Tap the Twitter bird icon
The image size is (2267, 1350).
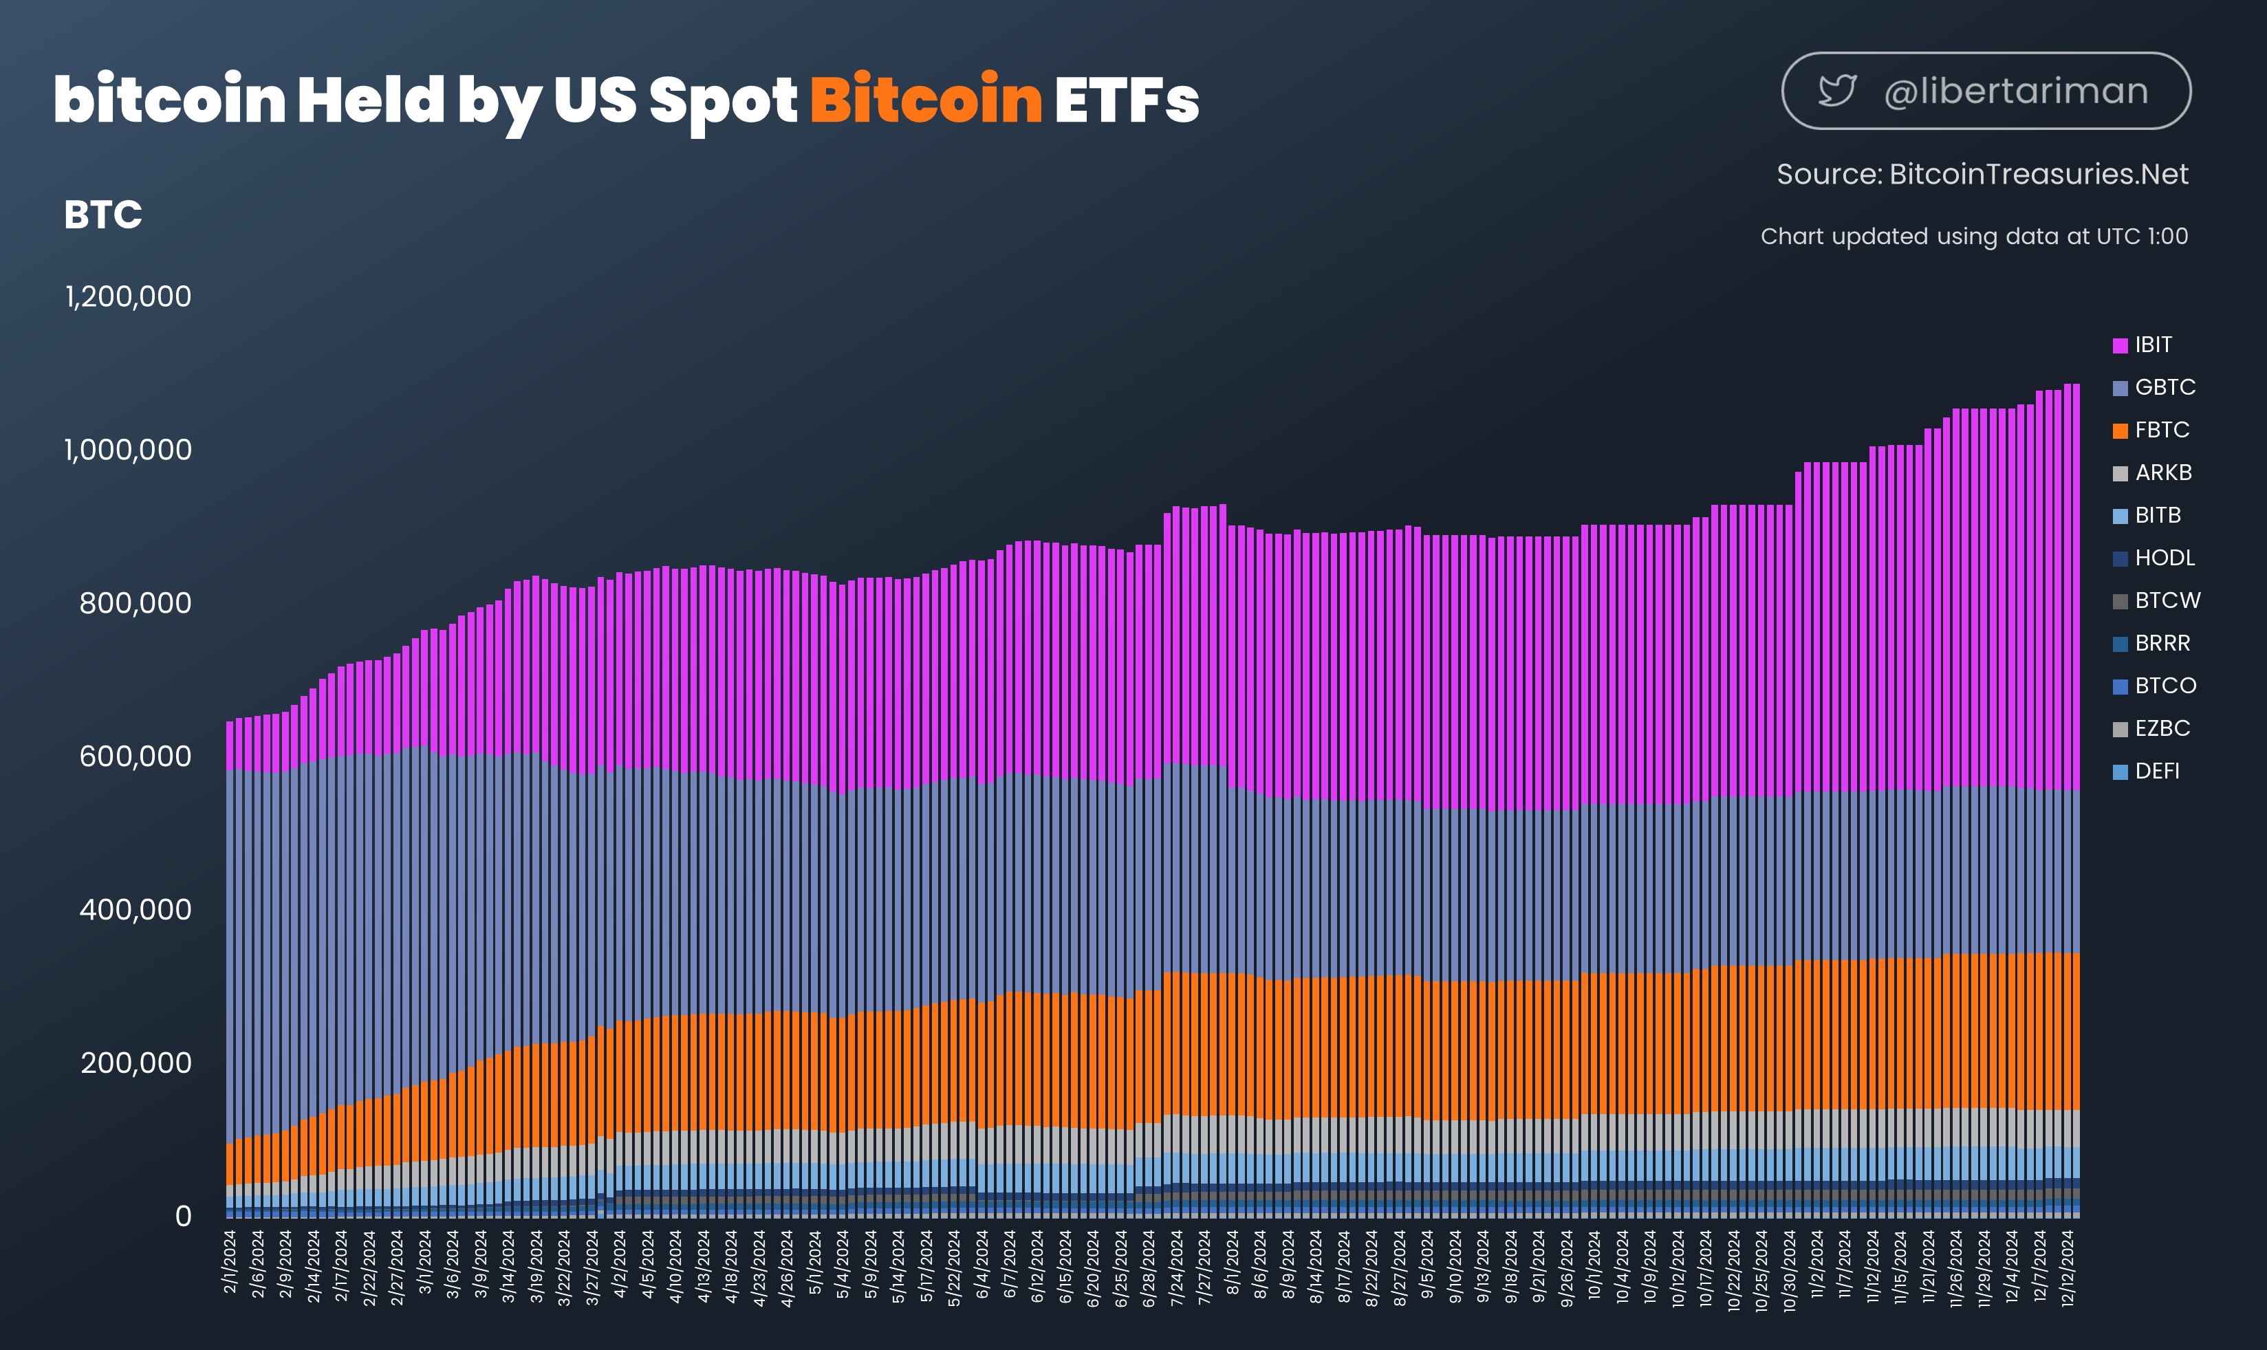click(x=1836, y=91)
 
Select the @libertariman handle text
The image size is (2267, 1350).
click(x=2016, y=91)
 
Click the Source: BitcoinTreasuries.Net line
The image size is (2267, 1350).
click(x=1982, y=174)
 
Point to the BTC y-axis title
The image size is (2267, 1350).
click(x=102, y=215)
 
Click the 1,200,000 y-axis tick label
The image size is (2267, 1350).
click(x=128, y=296)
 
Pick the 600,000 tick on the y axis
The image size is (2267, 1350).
click(x=135, y=756)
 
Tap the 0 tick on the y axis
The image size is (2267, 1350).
click(x=184, y=1217)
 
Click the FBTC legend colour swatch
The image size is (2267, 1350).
click(x=2120, y=431)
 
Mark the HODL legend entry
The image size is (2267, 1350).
click(x=2154, y=558)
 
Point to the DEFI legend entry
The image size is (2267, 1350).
click(x=2146, y=772)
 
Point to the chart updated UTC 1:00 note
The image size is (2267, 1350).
click(x=1974, y=237)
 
